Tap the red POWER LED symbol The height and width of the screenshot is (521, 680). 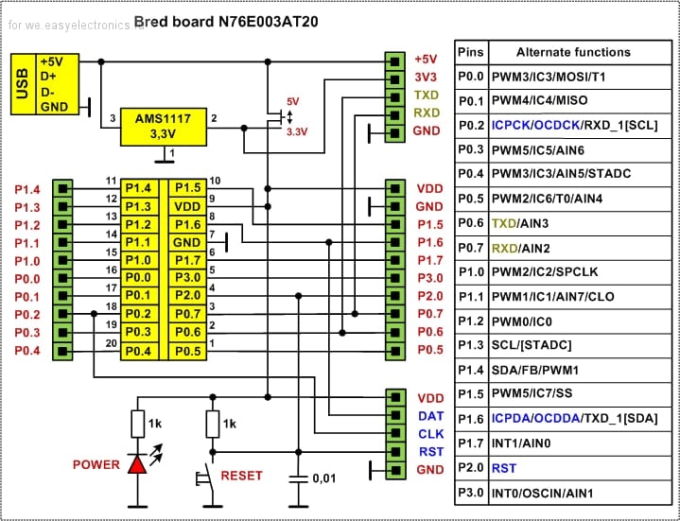(138, 464)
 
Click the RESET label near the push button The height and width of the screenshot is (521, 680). (241, 476)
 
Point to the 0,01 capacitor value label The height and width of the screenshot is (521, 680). (325, 478)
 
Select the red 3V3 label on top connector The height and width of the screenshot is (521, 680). (427, 77)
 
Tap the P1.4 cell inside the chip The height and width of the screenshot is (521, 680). (139, 188)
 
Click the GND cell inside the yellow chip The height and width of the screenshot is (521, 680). (188, 242)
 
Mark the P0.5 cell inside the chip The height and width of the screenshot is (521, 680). (188, 351)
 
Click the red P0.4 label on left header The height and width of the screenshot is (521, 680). (27, 351)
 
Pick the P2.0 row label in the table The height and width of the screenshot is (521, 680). (471, 468)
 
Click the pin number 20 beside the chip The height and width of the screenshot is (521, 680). (111, 344)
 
